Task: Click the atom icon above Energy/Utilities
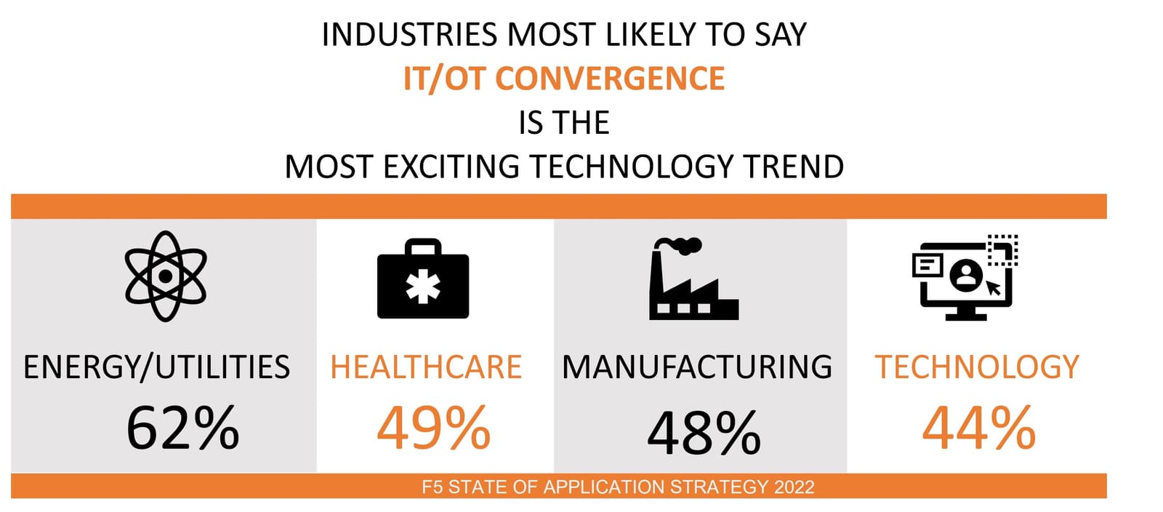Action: coord(166,276)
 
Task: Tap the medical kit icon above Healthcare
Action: coord(423,280)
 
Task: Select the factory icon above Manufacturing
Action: coord(692,280)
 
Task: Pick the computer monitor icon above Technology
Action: coord(965,278)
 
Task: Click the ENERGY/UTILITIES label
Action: coord(156,367)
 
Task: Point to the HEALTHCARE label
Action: coord(426,367)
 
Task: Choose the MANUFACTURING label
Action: coord(697,367)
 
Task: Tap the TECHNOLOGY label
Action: coord(977,367)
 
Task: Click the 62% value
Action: coord(182,428)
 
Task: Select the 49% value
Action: coord(433,428)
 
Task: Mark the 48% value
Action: coord(704,433)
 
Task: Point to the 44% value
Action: coord(978,428)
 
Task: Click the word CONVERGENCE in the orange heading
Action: coord(610,79)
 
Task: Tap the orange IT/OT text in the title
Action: coord(444,79)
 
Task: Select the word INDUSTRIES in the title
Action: coord(410,35)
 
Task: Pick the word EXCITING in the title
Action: coord(451,167)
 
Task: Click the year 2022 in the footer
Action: coord(794,487)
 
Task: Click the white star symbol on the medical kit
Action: coord(423,288)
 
